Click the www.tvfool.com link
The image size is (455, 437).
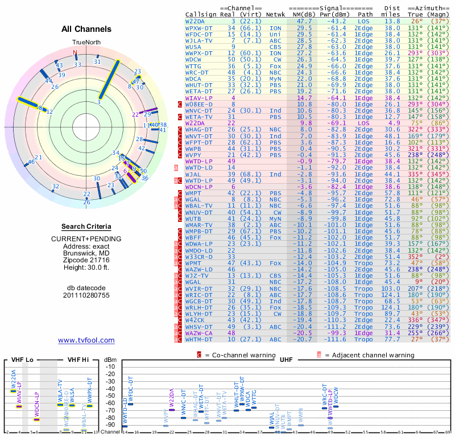[x=86, y=340]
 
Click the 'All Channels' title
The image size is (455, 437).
[x=86, y=29]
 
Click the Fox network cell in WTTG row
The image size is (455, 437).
[x=275, y=66]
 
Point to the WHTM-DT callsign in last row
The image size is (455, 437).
[x=200, y=339]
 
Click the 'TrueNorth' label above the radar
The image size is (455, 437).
[x=86, y=43]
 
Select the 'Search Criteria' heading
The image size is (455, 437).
[x=86, y=226]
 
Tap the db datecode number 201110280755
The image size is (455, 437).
[x=86, y=295]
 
